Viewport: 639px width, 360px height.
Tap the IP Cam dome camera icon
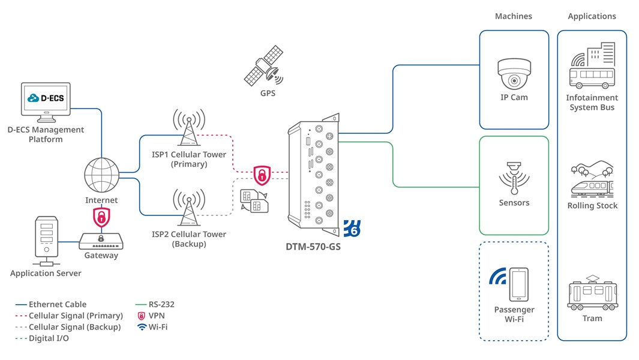point(514,74)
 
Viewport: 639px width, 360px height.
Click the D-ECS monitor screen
point(46,99)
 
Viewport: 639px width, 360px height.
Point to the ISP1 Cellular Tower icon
point(189,127)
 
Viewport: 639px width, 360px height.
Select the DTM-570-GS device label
point(313,246)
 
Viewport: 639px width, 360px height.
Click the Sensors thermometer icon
point(514,178)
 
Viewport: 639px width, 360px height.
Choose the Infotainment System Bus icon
point(592,67)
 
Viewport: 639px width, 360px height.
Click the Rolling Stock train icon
point(592,179)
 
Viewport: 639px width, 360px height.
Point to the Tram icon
point(592,293)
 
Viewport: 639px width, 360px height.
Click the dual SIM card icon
point(254,200)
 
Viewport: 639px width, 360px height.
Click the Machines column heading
point(514,16)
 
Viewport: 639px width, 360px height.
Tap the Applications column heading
point(592,16)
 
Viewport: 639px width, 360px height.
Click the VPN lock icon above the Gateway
point(101,216)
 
